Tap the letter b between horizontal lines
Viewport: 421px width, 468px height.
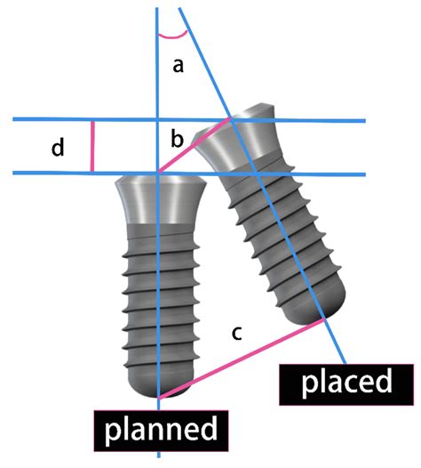click(177, 139)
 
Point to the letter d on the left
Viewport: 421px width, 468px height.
click(57, 147)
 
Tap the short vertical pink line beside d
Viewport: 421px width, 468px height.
click(91, 147)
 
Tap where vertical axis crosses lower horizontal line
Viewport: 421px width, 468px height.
click(156, 173)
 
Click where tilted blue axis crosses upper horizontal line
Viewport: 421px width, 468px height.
click(230, 119)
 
